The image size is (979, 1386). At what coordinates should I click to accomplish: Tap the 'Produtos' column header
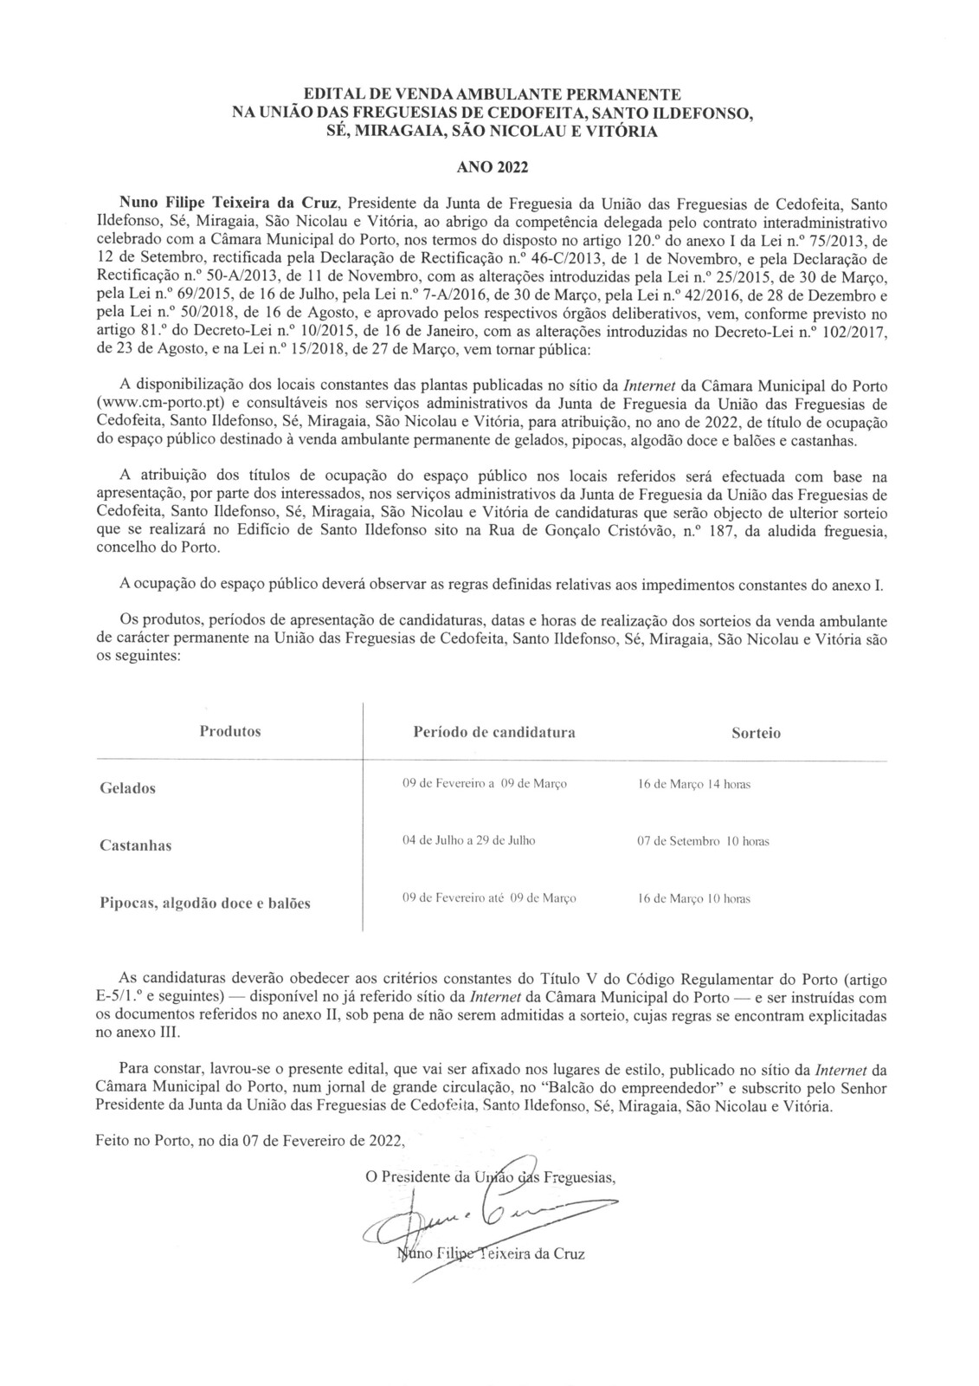click(x=230, y=731)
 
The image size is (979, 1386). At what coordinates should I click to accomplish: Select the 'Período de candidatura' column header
click(x=494, y=732)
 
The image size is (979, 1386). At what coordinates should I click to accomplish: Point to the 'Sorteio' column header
click(x=756, y=733)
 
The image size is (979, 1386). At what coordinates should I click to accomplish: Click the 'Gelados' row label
click(x=127, y=788)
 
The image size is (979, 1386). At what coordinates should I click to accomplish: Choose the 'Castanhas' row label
click(x=135, y=845)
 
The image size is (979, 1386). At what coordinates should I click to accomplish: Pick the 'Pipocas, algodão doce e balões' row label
click(x=205, y=903)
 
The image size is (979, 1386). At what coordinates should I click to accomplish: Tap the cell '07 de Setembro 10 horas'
click(x=703, y=841)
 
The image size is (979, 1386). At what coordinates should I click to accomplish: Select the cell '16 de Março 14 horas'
click(x=693, y=784)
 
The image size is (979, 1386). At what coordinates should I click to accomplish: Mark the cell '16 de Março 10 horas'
click(x=693, y=898)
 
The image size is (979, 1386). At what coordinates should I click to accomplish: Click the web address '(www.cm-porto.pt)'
click(x=152, y=404)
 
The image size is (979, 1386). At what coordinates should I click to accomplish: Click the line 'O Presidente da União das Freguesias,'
click(x=491, y=1177)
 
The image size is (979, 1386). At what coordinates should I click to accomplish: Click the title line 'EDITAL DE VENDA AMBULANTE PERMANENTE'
click(x=488, y=93)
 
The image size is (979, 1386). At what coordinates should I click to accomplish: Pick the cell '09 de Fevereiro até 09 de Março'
click(x=489, y=898)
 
